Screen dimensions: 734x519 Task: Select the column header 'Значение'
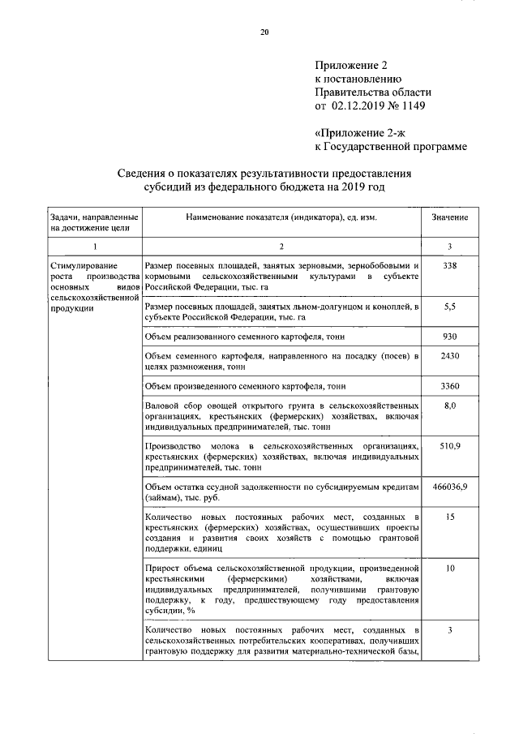451,218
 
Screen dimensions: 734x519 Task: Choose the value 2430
451,356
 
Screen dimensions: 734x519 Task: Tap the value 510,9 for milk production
451,446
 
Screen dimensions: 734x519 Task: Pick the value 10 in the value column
451,568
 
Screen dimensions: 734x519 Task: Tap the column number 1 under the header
94,246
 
